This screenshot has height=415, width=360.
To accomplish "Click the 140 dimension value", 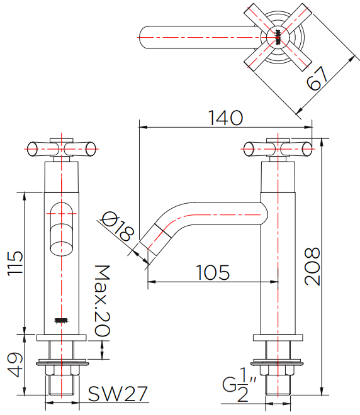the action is coord(225,118).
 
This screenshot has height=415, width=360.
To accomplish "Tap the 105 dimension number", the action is coord(213,273).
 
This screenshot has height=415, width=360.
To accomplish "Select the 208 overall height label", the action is coord(312,267).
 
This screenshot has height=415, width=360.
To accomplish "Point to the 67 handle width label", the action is coord(317,78).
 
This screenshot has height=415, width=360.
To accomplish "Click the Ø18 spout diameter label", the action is coord(118,226).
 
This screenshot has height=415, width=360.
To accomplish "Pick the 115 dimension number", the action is coord(15,263).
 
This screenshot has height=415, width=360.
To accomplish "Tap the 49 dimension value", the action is coord(15,365).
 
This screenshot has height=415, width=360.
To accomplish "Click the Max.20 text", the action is coord(102,301).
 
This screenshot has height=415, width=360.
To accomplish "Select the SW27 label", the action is coord(118,394).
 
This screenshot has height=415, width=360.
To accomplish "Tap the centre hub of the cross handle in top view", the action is coord(278,37).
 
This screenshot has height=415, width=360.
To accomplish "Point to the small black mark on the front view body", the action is coord(61,321).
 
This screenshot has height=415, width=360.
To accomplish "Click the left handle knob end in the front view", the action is coord(32,149).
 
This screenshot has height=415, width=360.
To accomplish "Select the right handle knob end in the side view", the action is coord(307,149).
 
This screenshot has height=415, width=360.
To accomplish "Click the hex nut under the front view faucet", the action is coord(62,370).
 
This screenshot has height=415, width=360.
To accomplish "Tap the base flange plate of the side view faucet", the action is coord(278,338).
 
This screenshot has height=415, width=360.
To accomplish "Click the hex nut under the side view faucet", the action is coord(278,370).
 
